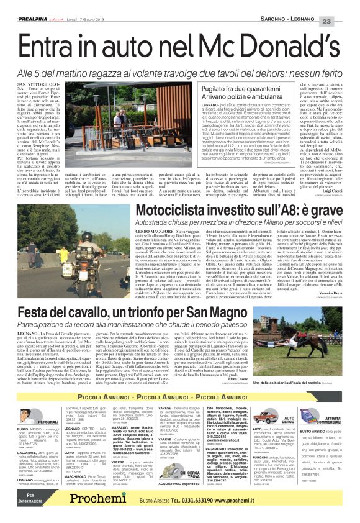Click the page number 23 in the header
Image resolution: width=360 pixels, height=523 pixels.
click(343, 6)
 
